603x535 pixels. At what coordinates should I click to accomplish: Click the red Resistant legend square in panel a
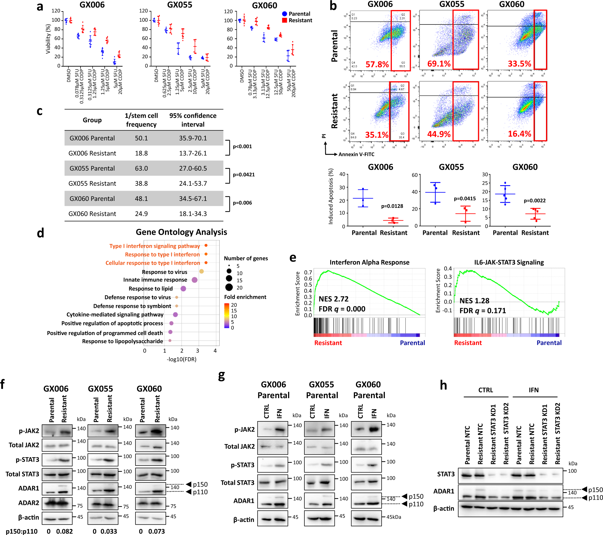284,20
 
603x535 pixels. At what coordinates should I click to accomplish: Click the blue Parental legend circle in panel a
284,14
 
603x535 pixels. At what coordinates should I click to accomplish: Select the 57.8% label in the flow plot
377,64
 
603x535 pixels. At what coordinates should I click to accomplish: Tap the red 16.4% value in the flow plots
519,134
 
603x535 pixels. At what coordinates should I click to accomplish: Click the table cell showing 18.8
141,153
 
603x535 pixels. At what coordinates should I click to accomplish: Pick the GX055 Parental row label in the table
92,168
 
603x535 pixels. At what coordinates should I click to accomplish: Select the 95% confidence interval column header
193,120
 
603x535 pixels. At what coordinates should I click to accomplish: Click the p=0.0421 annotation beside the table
244,175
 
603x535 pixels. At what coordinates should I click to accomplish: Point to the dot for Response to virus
202,271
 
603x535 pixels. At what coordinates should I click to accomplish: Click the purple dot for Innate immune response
195,280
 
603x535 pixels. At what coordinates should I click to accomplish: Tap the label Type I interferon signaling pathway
154,246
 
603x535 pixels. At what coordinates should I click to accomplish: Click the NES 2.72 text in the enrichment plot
333,299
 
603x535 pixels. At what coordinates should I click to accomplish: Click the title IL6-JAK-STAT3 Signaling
509,262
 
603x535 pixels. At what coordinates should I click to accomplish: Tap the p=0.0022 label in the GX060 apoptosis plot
535,201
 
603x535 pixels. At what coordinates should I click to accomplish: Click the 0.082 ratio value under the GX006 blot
64,531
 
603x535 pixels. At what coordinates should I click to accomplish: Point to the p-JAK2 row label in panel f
29,431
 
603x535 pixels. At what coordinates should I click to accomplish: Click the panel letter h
443,385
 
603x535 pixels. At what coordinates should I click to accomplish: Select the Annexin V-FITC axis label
356,154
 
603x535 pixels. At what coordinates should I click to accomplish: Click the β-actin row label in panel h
443,508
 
